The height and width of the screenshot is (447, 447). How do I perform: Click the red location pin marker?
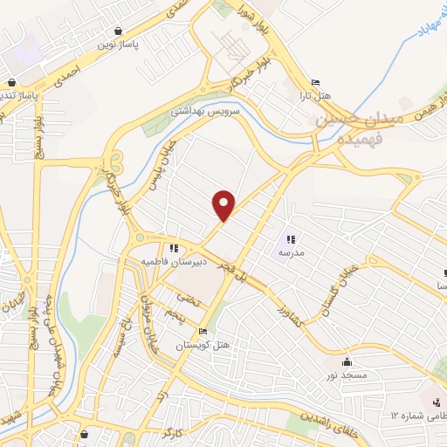point(224,204)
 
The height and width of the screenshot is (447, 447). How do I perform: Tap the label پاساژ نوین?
point(118,42)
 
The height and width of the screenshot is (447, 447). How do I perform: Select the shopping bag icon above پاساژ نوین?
point(118,29)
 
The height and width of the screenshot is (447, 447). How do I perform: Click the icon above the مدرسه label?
point(291,238)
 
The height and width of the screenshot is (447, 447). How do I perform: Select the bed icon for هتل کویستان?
point(203,332)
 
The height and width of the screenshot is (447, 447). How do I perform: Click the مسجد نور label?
point(348,375)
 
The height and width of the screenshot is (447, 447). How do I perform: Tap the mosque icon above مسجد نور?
point(348,361)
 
